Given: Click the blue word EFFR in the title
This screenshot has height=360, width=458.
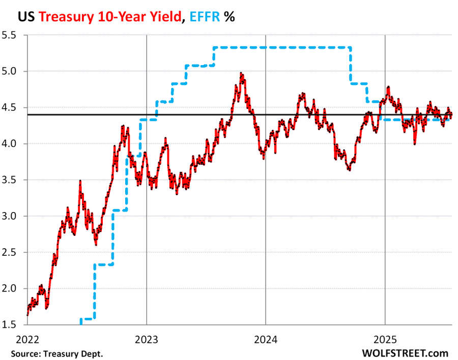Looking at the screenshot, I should [207, 16].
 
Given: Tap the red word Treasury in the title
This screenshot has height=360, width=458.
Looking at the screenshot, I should [65, 16].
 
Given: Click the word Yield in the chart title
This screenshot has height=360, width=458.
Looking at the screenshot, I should [165, 16].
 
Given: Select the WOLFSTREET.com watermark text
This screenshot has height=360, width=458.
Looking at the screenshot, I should [405, 353].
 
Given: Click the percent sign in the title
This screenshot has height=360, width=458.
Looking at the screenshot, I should [230, 16].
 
